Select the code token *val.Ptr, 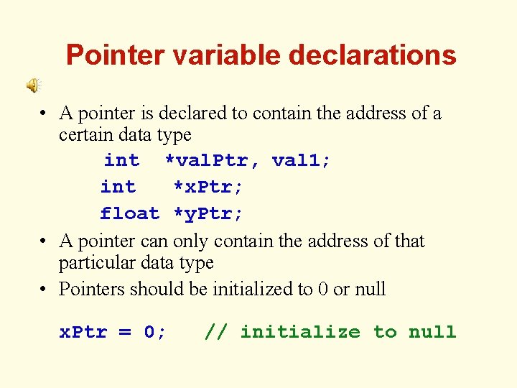[x=208, y=160]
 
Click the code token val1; [x=302, y=160]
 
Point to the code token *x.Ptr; [x=208, y=187]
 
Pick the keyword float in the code [x=129, y=213]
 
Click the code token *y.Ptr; [x=208, y=213]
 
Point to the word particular [x=93, y=263]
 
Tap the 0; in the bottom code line [x=155, y=332]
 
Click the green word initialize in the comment [x=299, y=332]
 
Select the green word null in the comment [x=432, y=332]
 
